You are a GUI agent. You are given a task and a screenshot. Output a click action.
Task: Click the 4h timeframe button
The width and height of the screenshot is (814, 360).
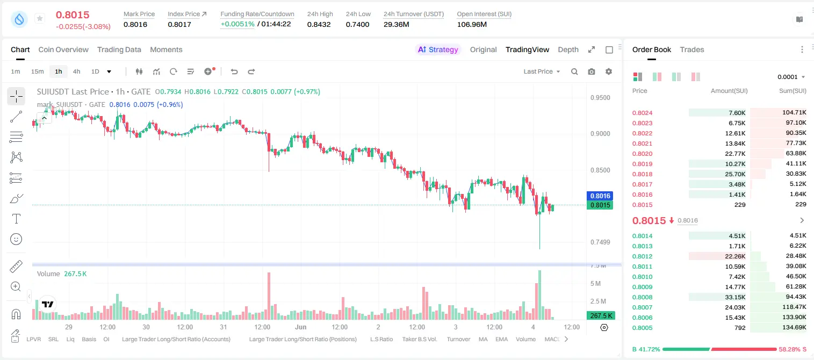[x=76, y=71]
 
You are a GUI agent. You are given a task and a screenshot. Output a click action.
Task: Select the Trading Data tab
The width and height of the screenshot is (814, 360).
[x=119, y=49]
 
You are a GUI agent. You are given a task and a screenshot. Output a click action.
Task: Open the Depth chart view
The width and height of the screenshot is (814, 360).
[x=568, y=49]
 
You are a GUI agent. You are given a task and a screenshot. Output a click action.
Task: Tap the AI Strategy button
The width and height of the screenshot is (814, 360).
[x=438, y=49]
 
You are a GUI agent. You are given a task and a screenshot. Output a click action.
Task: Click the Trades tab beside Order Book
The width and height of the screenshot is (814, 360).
[x=692, y=49]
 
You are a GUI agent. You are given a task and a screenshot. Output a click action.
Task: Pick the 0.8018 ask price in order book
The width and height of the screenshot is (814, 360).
[x=642, y=174]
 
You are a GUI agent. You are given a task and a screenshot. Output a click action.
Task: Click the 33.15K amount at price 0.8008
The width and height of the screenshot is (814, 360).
[x=735, y=297]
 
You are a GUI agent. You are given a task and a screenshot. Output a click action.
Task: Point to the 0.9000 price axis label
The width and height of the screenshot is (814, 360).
[x=600, y=134]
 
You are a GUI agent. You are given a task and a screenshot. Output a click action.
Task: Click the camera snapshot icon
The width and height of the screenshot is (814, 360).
[x=592, y=71]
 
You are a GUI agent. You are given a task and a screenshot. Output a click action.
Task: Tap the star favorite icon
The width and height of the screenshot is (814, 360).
[x=40, y=18]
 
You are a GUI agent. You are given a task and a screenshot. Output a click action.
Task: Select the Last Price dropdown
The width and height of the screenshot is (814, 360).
[x=542, y=71]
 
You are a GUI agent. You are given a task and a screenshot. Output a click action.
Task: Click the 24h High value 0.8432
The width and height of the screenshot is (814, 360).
[x=319, y=24]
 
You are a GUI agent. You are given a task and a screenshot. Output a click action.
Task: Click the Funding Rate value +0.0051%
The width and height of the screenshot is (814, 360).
[x=237, y=24]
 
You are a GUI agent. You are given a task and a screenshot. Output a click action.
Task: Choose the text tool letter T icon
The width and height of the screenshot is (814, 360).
[x=16, y=219]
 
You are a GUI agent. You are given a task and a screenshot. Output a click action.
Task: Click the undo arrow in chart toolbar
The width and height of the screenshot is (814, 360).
[x=234, y=71]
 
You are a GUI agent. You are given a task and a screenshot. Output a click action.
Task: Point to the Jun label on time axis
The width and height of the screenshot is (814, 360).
[x=300, y=327]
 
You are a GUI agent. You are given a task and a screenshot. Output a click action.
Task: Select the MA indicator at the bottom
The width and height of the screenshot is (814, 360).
[x=483, y=339]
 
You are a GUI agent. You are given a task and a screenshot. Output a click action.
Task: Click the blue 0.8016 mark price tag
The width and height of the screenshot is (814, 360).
[x=600, y=196]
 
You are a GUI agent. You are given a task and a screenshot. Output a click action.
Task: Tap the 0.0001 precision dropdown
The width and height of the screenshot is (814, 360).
[x=791, y=77]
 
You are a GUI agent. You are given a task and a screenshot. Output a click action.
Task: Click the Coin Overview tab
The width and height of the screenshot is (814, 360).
[x=63, y=49]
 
